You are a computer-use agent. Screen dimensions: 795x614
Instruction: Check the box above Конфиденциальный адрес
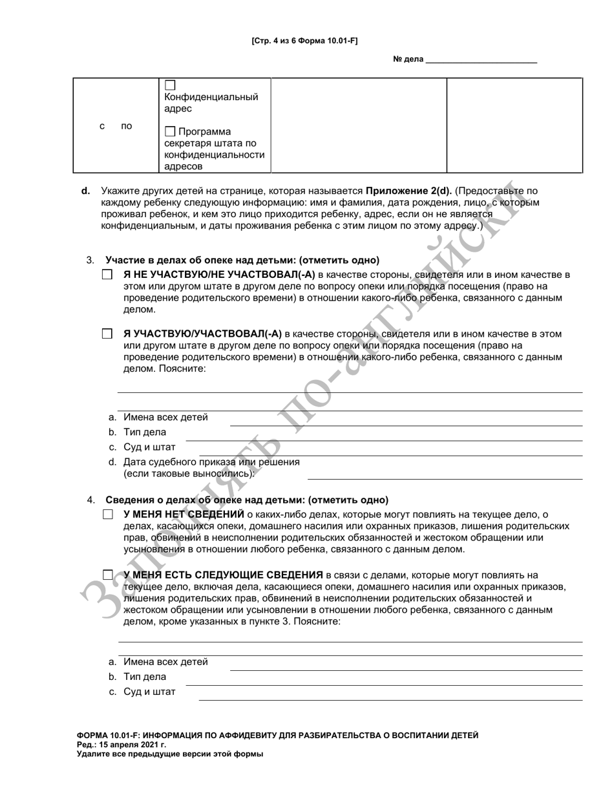[170, 85]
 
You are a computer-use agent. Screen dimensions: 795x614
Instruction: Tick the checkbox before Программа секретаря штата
[170, 132]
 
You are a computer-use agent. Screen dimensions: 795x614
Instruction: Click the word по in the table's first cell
[127, 127]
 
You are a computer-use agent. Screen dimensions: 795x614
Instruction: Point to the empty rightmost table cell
[514, 125]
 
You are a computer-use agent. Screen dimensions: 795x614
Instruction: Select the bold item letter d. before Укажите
[85, 191]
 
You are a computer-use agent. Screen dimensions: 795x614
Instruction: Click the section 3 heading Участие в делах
[242, 260]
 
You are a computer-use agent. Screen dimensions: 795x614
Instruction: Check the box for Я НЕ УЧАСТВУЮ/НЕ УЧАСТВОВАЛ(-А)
[107, 275]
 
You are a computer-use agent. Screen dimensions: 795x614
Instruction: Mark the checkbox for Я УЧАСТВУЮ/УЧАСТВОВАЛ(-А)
[107, 335]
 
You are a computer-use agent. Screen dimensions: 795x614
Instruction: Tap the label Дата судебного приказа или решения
[211, 462]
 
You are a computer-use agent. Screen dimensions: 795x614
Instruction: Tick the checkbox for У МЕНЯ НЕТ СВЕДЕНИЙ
[107, 515]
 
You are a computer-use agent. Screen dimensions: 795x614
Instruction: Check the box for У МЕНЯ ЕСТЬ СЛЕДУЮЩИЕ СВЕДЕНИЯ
[107, 575]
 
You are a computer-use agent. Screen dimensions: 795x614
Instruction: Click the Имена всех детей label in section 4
[165, 662]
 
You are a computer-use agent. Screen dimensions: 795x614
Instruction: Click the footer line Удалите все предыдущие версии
[169, 754]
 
